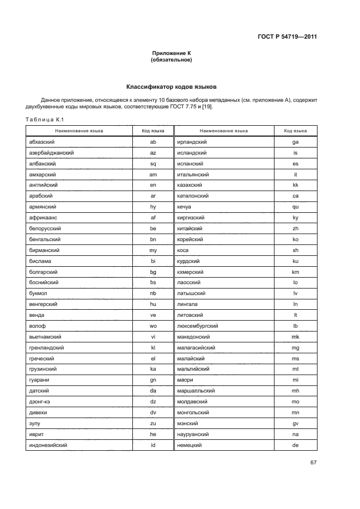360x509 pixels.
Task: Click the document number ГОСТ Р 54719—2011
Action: coord(287,37)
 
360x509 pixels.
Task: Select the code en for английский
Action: coord(153,185)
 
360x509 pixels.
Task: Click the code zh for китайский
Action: coord(295,229)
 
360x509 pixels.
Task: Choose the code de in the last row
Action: coord(295,445)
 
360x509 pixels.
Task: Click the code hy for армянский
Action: coord(153,207)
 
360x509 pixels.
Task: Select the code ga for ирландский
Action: coord(295,142)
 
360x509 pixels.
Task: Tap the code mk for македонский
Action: coord(295,337)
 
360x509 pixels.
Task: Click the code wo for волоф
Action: coord(153,326)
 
